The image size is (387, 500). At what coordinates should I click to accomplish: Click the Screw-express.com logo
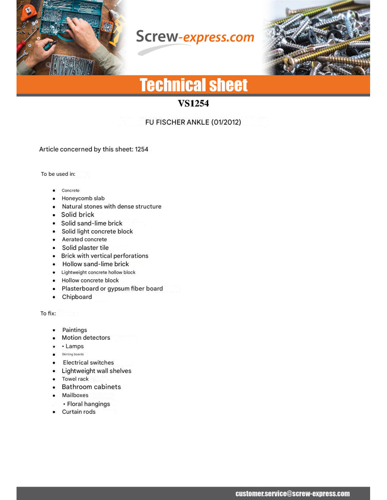195,39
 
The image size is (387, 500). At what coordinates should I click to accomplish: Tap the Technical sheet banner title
193,85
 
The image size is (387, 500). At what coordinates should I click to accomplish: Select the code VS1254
193,103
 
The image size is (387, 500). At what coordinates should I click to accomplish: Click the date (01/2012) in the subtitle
226,122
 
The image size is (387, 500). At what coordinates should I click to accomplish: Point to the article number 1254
141,149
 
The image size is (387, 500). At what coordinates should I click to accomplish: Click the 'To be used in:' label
58,174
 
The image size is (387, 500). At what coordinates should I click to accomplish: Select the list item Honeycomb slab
83,198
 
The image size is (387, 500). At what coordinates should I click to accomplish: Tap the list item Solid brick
78,215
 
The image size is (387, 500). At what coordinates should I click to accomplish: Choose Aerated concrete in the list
84,239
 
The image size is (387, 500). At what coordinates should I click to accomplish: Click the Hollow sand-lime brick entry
95,264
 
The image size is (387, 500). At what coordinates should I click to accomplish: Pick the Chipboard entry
77,297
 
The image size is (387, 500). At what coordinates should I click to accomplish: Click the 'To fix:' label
48,313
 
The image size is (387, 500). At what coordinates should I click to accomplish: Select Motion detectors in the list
86,338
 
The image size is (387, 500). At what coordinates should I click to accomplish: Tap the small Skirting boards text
73,354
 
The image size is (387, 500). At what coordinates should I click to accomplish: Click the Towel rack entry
75,379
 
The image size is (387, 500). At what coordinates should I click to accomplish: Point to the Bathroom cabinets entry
91,387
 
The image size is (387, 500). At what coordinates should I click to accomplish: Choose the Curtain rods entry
79,412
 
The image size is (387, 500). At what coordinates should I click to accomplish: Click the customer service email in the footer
292,494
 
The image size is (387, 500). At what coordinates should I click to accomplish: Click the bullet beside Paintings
54,330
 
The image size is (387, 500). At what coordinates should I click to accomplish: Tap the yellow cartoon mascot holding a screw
118,32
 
